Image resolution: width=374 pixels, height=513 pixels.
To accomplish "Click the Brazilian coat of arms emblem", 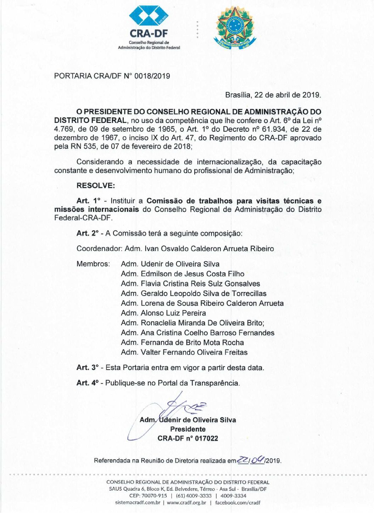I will [234, 28].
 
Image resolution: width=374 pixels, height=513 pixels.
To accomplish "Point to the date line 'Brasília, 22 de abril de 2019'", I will [273, 95].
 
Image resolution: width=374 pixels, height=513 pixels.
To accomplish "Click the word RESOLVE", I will [96, 186].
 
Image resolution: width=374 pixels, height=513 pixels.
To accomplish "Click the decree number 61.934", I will [273, 129].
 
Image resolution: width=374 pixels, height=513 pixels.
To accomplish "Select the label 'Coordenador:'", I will [99, 249].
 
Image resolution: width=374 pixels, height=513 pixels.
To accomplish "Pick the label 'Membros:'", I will [93, 264].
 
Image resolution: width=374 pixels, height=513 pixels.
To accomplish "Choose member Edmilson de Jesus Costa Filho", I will [192, 274].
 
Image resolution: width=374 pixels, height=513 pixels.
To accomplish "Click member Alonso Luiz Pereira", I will [173, 313].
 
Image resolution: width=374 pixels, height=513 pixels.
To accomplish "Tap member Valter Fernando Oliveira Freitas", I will [194, 352].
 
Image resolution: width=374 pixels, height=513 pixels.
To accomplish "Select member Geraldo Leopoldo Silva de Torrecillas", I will [203, 293].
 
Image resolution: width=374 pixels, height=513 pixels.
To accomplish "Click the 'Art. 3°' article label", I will [88, 368].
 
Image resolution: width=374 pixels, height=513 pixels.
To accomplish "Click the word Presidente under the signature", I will [188, 429].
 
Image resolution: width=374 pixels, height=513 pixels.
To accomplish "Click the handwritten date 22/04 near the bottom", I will [251, 460].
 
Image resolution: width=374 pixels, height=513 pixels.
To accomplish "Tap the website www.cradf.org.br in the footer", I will [186, 502].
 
